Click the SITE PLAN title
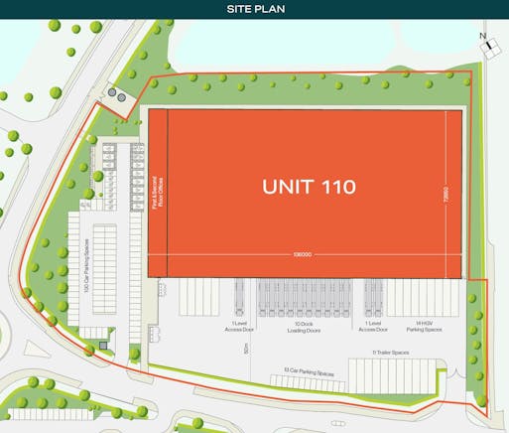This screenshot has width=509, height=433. (254, 10)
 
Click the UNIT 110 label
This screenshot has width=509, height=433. (309, 186)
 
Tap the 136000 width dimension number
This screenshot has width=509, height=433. (304, 254)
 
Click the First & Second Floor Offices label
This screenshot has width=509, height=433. (158, 186)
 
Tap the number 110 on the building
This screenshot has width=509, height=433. (336, 186)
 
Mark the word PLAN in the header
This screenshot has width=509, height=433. (271, 10)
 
